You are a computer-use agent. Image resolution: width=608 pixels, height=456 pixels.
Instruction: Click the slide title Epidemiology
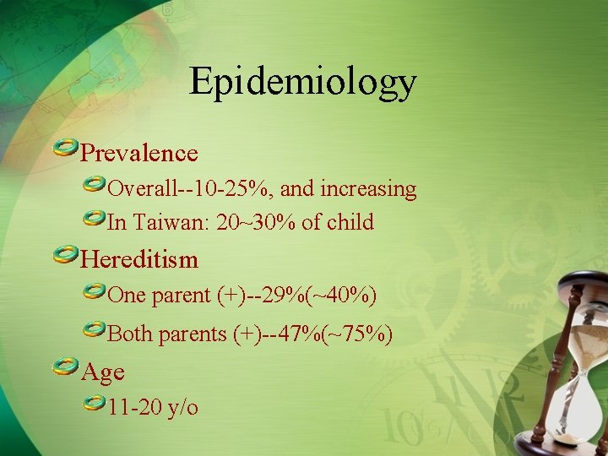coord(303,82)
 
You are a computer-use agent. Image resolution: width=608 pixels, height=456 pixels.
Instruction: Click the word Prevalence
coord(138,153)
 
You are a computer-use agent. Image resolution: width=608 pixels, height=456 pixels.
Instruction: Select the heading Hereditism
coord(138,258)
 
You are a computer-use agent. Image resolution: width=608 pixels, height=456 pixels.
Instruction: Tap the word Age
coord(102,371)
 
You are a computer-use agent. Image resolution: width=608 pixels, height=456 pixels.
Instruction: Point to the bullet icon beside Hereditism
coord(64,255)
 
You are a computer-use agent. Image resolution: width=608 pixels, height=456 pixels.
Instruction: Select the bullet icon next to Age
coord(64,367)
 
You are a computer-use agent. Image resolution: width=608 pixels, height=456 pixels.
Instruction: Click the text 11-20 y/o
coord(153,407)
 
